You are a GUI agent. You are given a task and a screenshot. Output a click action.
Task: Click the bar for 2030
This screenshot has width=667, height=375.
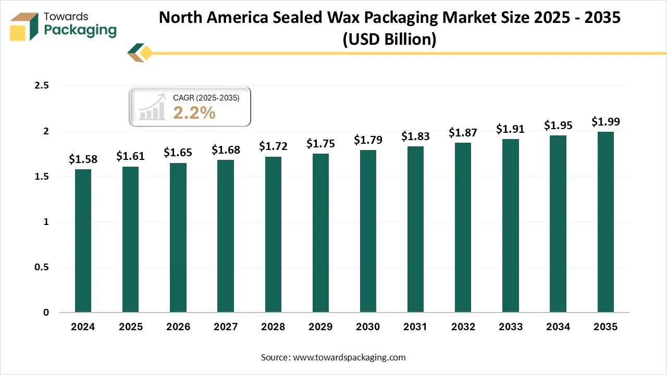coord(368,231)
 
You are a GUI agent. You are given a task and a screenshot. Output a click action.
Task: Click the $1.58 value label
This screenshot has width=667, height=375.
coord(83,159)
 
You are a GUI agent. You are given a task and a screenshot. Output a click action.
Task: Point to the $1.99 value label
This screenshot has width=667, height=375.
coord(606,122)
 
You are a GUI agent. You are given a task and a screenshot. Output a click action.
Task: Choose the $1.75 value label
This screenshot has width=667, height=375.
coord(320,144)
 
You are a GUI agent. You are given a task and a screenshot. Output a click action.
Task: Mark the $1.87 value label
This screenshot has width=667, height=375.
coord(463,133)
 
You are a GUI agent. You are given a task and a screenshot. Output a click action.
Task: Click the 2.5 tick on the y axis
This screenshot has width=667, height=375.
coord(41,86)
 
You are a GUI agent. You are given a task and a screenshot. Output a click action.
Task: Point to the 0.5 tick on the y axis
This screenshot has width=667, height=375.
coord(41,267)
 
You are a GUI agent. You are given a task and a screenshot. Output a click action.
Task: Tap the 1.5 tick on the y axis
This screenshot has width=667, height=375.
coord(41,177)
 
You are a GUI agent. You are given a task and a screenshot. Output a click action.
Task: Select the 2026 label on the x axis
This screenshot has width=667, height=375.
coord(178,327)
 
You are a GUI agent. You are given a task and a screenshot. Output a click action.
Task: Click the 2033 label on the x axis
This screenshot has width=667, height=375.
coord(511,327)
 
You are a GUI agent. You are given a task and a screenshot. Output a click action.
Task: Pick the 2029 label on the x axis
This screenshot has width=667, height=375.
coord(320,327)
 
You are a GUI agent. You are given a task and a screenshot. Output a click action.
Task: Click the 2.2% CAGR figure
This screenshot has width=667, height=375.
coord(194,113)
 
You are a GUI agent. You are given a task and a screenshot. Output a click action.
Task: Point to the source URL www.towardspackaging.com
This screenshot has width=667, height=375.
coord(349,358)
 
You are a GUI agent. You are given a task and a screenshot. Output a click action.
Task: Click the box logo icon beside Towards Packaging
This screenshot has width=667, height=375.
coord(24,27)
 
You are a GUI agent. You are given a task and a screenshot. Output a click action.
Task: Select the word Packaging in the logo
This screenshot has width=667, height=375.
coord(80,30)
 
